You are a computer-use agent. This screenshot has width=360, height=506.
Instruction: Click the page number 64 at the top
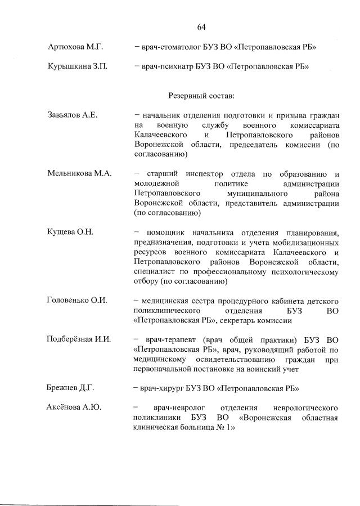[x=201, y=27]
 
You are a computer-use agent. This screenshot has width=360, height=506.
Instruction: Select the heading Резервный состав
[x=201, y=96]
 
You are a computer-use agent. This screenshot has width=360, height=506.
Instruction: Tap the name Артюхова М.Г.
[x=76, y=47]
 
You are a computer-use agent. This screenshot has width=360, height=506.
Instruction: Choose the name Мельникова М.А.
[x=79, y=173]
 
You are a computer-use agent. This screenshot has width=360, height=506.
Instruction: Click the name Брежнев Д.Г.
[x=71, y=388]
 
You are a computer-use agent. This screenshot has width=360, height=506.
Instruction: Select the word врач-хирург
[x=163, y=388]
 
